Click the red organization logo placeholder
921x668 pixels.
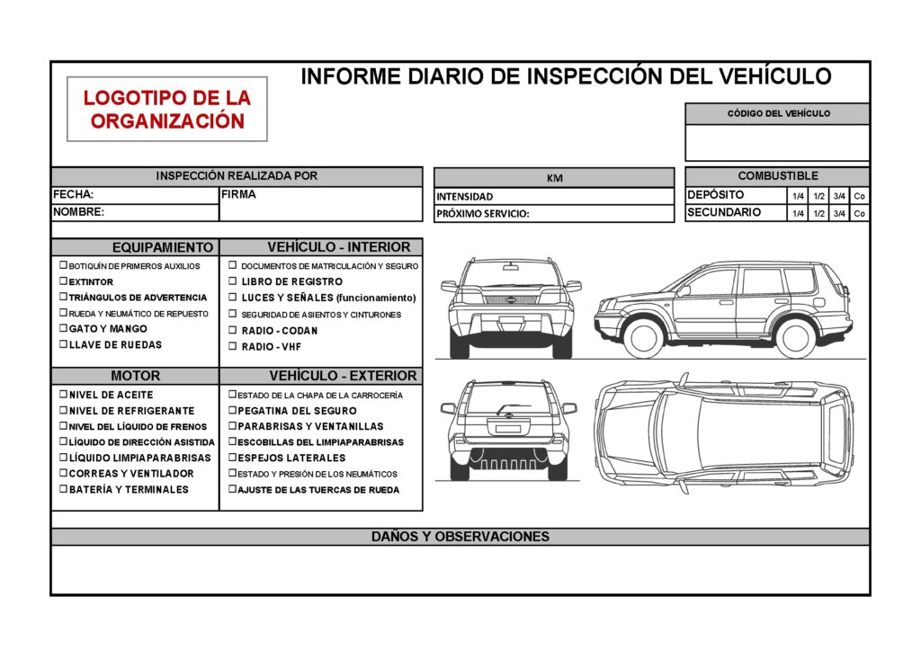coord(167,109)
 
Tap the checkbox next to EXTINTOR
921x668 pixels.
coord(63,281)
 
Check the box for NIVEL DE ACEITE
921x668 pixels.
coord(63,394)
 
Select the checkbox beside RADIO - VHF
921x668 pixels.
coord(232,345)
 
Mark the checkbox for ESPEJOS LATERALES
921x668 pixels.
coord(232,458)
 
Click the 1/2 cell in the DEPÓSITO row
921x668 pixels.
coord(819,196)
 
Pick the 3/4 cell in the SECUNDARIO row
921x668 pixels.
coord(839,214)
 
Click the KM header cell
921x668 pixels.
coord(554,178)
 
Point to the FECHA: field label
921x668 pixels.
coord(74,194)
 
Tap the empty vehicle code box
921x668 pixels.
coord(777,143)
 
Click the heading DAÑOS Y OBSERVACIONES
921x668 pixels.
coord(460,537)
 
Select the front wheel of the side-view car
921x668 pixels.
coord(643,336)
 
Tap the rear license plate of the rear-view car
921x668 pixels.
coord(508,429)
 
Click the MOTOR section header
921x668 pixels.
coord(135,376)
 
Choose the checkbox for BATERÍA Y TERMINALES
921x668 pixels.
coord(63,489)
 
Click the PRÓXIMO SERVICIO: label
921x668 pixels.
coord(482,214)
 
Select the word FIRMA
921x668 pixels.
coord(238,194)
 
